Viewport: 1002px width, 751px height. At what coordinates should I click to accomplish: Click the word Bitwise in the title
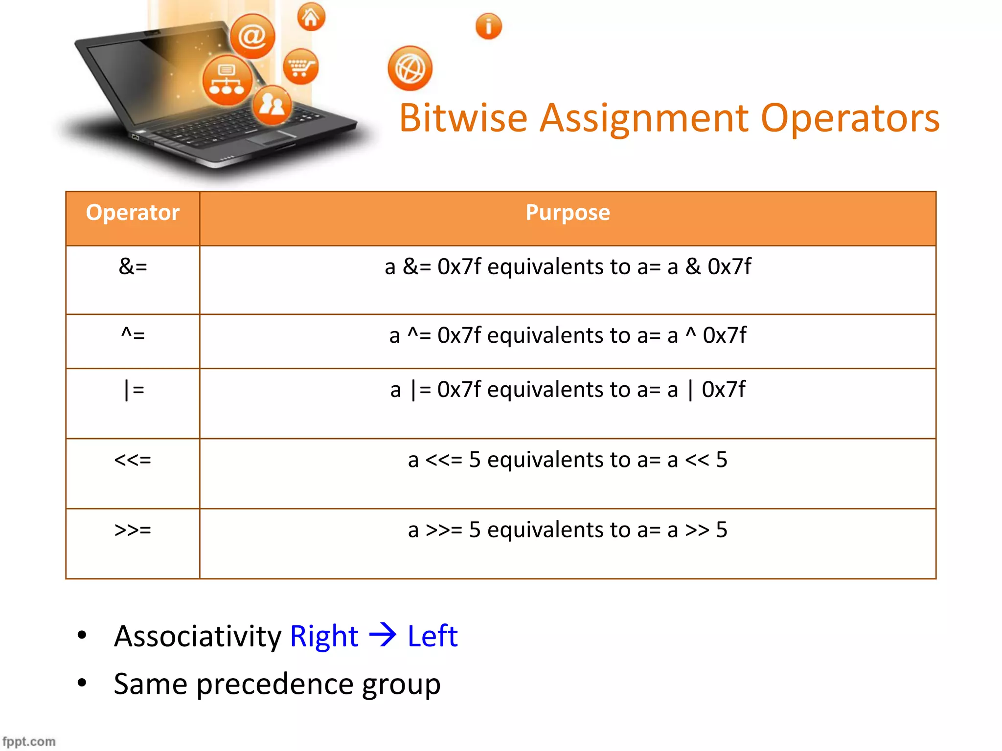click(463, 118)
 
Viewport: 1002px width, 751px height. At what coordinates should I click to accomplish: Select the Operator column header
click(133, 213)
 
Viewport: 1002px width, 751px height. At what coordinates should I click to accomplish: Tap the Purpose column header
click(568, 213)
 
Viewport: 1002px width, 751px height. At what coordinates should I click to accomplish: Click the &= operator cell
click(133, 267)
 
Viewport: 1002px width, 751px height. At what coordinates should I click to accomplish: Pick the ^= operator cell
click(133, 335)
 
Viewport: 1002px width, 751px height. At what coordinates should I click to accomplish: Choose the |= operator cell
click(133, 390)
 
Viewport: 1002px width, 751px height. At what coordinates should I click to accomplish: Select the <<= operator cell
click(133, 460)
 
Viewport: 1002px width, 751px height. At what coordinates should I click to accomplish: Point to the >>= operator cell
click(133, 530)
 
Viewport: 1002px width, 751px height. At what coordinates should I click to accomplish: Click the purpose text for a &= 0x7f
click(568, 267)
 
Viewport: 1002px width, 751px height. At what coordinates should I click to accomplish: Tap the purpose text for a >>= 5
click(568, 530)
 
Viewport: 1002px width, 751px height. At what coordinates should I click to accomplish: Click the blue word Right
click(324, 637)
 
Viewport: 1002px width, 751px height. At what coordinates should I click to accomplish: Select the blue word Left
click(433, 637)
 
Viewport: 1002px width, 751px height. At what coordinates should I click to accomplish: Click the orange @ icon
click(252, 36)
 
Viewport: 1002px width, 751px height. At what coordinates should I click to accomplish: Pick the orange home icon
click(311, 18)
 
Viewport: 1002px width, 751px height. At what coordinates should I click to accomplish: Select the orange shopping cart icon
click(300, 66)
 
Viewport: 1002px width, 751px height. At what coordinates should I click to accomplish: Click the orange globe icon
click(410, 68)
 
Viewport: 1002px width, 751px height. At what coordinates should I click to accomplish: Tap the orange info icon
click(488, 26)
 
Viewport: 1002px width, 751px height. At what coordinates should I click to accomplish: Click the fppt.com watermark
click(29, 741)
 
